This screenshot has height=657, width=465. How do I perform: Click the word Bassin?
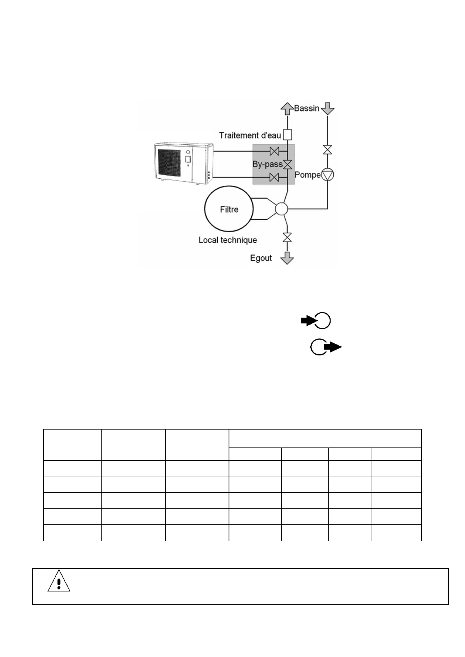point(307,108)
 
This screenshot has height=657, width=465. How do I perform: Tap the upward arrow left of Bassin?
point(287,108)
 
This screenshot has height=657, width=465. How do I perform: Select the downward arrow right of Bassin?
point(327,108)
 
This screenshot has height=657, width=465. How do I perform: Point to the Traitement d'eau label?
point(250,135)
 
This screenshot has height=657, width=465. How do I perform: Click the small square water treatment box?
point(287,135)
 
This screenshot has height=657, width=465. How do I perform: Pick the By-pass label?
point(267,164)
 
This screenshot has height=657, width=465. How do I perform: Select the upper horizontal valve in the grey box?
point(275,151)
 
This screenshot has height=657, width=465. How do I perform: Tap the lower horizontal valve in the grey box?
point(275,178)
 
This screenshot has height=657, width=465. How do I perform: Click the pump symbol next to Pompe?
point(327,175)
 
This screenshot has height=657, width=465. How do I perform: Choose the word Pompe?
point(308,175)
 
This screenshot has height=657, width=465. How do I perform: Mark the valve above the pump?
point(327,150)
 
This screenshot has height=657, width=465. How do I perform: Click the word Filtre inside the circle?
point(229,210)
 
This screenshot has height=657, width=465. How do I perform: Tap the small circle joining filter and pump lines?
point(281,209)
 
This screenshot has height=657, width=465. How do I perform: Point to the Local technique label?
point(227,240)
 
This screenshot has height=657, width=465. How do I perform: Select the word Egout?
point(261,258)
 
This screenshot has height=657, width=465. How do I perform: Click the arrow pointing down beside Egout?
point(287,258)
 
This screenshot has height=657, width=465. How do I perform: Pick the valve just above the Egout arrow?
point(287,237)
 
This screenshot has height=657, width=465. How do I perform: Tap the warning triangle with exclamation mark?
point(59,582)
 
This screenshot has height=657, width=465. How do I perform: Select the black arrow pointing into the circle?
point(309,321)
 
